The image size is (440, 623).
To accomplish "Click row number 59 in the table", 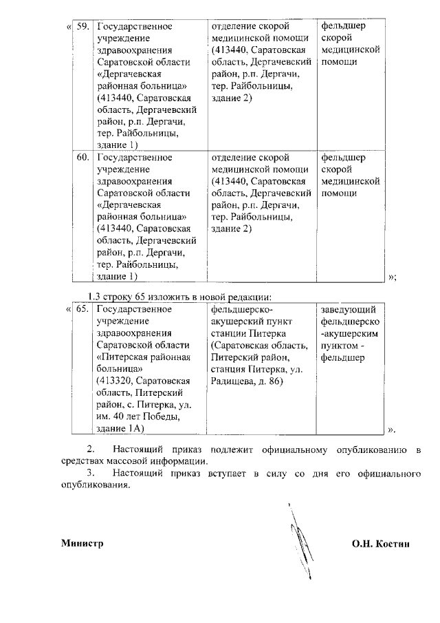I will pyautogui.click(x=82, y=27).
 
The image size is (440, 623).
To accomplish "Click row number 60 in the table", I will pyautogui.click(x=82, y=157).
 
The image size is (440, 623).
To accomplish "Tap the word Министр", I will pyautogui.click(x=82, y=543).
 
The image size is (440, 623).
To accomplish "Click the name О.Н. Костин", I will pyautogui.click(x=380, y=543).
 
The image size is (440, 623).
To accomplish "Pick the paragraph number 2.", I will pyautogui.click(x=87, y=450).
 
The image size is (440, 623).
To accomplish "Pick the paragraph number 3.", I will pyautogui.click(x=87, y=474).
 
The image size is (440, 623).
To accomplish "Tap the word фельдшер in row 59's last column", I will pyautogui.click(x=344, y=27).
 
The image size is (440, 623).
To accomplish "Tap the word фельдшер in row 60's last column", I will pyautogui.click(x=344, y=157).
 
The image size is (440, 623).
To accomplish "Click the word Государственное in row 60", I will pyautogui.click(x=134, y=157).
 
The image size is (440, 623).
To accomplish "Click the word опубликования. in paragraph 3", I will pyautogui.click(x=95, y=485).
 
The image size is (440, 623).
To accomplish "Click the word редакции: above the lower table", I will pyautogui.click(x=251, y=297).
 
